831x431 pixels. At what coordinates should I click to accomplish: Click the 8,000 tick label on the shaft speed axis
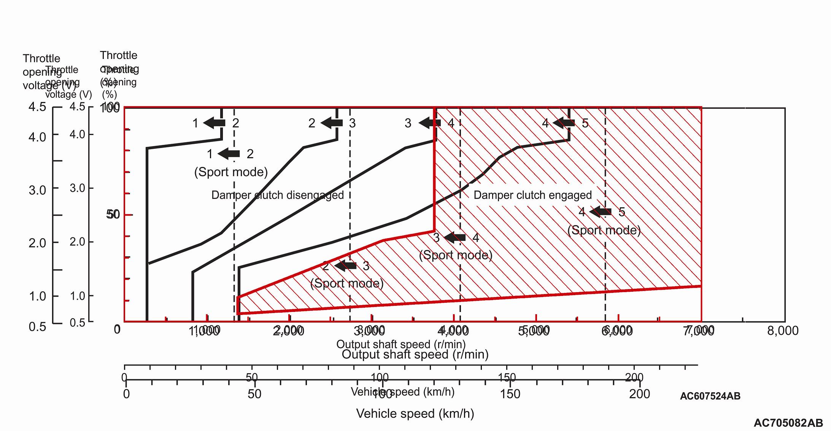point(783,331)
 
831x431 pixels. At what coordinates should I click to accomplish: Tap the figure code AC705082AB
point(788,423)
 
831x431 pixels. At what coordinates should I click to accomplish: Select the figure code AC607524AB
point(710,396)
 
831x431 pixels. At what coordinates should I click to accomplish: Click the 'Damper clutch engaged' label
point(532,195)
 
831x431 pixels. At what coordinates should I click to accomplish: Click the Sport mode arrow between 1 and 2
point(229,154)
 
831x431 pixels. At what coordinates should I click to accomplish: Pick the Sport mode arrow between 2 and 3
point(346,266)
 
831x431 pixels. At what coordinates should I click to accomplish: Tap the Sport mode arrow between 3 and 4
point(455,238)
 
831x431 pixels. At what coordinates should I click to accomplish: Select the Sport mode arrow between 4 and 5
point(601,212)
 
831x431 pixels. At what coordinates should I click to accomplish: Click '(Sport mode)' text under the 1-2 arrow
point(231,172)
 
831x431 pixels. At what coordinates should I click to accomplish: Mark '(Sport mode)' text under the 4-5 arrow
point(604,230)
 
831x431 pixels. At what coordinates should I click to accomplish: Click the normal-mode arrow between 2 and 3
point(332,123)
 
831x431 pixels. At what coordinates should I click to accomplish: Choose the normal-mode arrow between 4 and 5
point(564,123)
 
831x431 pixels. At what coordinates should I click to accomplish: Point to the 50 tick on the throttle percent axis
point(113,215)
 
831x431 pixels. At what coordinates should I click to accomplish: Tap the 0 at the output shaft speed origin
point(117,329)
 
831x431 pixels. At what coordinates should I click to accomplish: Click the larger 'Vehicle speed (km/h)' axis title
point(415,414)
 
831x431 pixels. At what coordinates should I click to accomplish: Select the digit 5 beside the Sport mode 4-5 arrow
point(622,212)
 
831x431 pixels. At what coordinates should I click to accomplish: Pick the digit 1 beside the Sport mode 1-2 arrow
point(210,154)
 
